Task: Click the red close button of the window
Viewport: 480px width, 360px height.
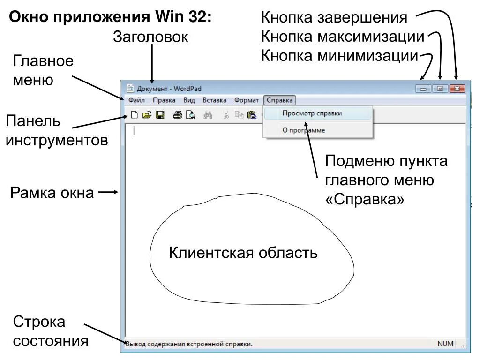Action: tap(457, 88)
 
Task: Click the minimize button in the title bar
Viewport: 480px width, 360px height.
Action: tap(425, 88)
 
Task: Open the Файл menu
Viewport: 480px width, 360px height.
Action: tap(136, 100)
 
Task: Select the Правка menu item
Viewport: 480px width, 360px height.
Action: tap(164, 100)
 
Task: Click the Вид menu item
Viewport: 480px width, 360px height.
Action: tap(189, 100)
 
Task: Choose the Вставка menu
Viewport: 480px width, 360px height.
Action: tap(214, 100)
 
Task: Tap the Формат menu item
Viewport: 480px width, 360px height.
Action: tap(247, 100)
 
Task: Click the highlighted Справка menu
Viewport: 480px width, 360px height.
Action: tap(279, 100)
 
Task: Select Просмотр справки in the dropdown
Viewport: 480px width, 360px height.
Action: tap(312, 113)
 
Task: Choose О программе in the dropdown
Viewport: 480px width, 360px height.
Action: tap(304, 130)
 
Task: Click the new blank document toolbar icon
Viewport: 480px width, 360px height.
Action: tap(135, 115)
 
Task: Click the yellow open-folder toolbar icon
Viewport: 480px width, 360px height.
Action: tap(147, 115)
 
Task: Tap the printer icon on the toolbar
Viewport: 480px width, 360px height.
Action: tap(177, 115)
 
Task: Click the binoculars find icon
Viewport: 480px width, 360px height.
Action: tap(209, 115)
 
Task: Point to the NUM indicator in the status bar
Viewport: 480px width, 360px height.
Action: tap(445, 344)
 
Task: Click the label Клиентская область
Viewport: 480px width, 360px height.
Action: tap(243, 253)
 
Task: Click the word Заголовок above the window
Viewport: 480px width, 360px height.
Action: tap(150, 37)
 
